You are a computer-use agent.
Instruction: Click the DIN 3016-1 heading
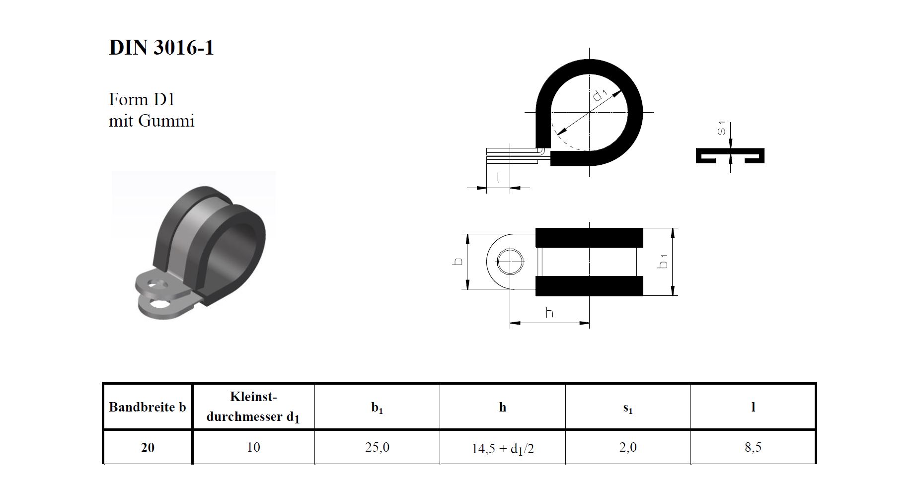click(x=161, y=48)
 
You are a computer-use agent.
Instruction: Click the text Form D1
click(x=142, y=100)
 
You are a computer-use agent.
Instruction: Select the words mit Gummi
click(x=152, y=121)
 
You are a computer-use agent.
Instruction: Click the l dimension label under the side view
click(x=498, y=177)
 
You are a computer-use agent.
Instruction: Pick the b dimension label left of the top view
click(x=459, y=261)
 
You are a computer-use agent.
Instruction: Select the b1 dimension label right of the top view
click(x=663, y=261)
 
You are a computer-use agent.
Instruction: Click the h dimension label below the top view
click(x=549, y=313)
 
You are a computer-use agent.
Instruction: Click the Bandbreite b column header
click(x=147, y=407)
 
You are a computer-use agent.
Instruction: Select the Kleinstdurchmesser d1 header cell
click(x=253, y=407)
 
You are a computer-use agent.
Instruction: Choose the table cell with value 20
click(x=148, y=447)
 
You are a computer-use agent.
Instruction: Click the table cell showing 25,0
click(x=377, y=447)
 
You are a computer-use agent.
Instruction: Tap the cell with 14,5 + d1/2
click(x=502, y=449)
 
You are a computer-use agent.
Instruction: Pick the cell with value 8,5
click(x=753, y=447)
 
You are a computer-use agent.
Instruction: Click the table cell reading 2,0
click(x=628, y=447)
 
